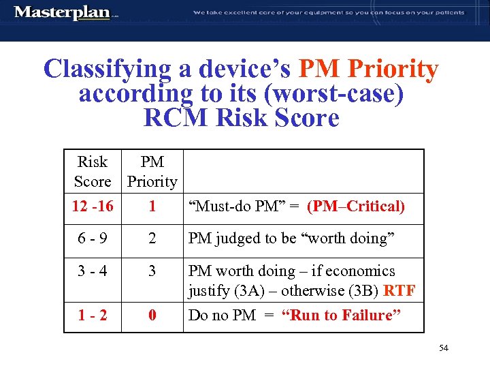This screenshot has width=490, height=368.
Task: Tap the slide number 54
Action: pos(444,348)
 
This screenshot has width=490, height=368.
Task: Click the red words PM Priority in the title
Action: pos(368,69)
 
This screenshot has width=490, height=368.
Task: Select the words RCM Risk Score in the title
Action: pos(241,118)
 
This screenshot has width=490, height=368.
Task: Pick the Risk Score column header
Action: pos(93,172)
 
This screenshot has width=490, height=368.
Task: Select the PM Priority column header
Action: pos(152,172)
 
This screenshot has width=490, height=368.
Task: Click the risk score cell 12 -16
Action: pos(93,206)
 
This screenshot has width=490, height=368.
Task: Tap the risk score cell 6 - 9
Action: pos(93,240)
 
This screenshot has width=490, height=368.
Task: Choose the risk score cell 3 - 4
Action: pos(93,271)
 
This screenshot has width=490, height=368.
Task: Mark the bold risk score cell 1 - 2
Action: pos(93,316)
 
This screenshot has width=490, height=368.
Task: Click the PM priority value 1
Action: pos(152,206)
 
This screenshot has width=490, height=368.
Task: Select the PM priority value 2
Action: pos(152,240)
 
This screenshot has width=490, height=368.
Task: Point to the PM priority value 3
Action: pos(152,271)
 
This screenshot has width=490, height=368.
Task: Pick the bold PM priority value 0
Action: pos(152,316)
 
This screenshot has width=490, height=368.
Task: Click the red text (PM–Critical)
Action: pos(355,206)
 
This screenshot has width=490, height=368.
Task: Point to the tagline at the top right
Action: pos(329,12)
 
